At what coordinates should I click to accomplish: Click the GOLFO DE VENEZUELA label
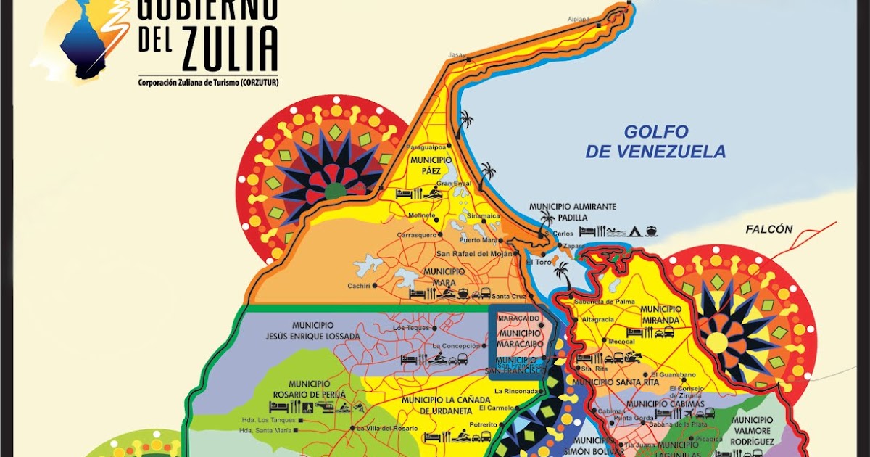coord(655,141)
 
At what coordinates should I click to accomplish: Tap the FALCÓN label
coord(768,229)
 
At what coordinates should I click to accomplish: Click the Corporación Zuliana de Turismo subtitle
coord(209,83)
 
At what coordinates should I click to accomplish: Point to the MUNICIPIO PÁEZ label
coord(431,165)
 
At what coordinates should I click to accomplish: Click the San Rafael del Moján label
coord(474,254)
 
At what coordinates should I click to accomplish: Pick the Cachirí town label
coord(359,285)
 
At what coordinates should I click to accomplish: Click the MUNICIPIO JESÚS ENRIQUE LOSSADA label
coord(324,330)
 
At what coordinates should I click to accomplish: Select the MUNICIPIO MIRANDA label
coord(660,314)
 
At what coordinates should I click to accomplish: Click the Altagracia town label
coord(592,318)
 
